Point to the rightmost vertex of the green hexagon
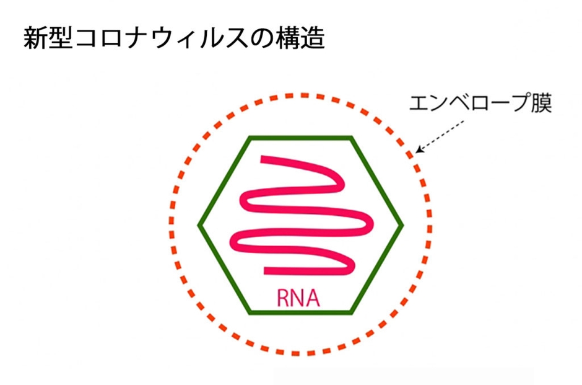402,224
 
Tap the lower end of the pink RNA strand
267,270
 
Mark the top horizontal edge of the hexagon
301,137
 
